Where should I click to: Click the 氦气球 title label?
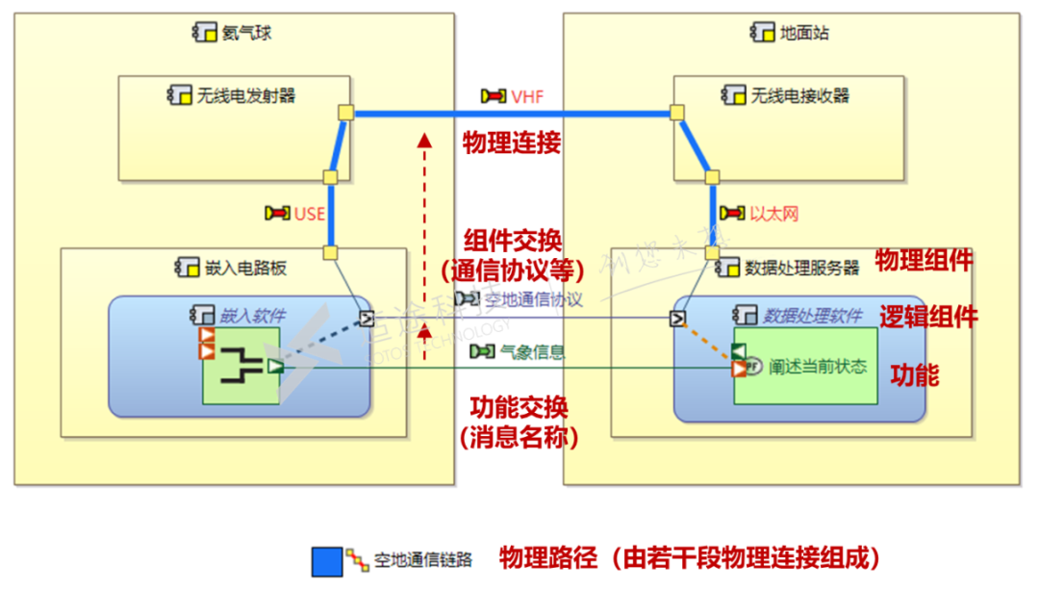tap(246, 33)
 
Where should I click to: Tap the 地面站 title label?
tap(804, 33)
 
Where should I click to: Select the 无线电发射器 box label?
tap(245, 95)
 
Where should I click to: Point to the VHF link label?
tap(528, 96)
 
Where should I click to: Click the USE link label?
tap(309, 213)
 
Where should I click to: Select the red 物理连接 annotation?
tap(511, 143)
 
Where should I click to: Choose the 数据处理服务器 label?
tap(801, 267)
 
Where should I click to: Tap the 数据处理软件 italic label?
tap(811, 314)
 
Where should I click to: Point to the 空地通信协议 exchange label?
tap(533, 299)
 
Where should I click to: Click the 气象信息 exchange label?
tap(532, 352)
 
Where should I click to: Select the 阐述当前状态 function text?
tap(818, 366)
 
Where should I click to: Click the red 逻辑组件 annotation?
tap(928, 317)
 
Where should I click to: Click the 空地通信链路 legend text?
tap(423, 559)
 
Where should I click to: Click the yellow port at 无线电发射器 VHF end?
tap(345, 113)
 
